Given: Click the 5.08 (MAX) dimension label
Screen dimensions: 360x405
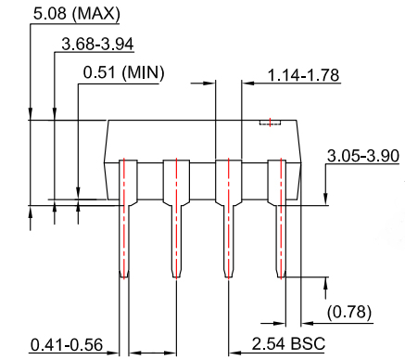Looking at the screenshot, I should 63,15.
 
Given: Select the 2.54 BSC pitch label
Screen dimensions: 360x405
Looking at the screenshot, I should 289,344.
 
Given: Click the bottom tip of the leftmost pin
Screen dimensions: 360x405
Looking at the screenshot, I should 123,276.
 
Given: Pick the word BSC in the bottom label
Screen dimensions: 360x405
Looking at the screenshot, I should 309,344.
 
